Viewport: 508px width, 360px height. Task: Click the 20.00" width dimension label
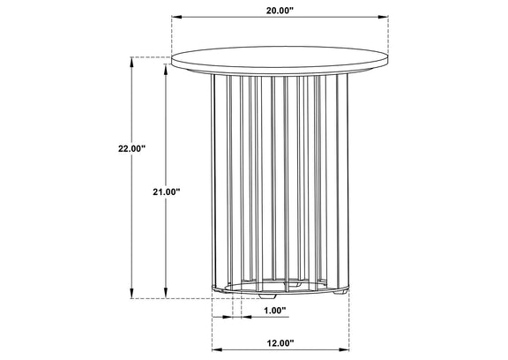coord(280,11)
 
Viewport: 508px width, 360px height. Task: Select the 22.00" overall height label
coord(131,149)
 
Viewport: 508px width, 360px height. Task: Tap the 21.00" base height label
coord(166,191)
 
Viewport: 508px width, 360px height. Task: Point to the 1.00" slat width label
coord(275,311)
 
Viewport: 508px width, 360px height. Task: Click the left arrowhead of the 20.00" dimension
coord(176,17)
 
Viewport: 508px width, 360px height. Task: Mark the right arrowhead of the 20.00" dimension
coord(384,17)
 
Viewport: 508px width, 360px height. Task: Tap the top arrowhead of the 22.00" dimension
coord(131,62)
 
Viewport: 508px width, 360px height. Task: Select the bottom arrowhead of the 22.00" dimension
coord(131,294)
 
